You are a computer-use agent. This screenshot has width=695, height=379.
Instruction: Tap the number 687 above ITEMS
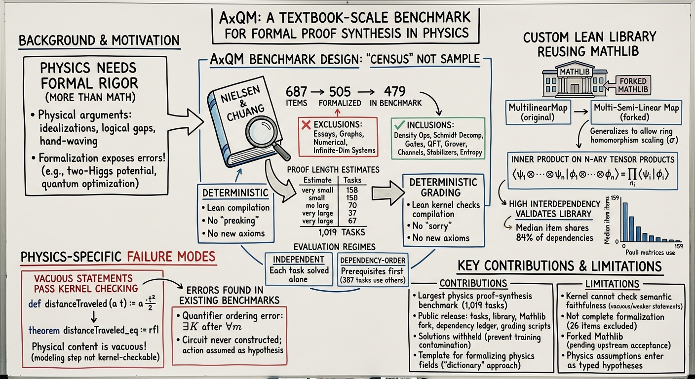[x=296, y=92]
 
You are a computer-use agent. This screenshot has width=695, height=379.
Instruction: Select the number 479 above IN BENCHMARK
[x=395, y=91]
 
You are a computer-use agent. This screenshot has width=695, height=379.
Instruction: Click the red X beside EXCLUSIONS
[x=306, y=125]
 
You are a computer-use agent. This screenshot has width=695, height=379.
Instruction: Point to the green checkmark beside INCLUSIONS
[x=399, y=125]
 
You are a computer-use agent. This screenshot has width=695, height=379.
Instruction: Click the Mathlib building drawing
[x=575, y=80]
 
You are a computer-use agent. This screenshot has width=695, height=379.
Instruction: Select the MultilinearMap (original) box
[x=538, y=113]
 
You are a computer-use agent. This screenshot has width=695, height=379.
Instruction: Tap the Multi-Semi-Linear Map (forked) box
[x=636, y=113]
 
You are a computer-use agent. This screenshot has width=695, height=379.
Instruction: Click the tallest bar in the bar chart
[x=625, y=222]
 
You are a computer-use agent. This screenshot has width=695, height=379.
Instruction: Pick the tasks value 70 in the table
[x=352, y=205]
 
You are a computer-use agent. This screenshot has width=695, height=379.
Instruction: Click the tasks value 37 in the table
[x=352, y=213]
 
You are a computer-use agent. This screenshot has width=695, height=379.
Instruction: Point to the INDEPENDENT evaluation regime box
[x=299, y=269]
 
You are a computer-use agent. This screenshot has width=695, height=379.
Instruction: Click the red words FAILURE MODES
[x=171, y=257]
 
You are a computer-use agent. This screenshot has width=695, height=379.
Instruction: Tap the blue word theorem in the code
[x=44, y=331]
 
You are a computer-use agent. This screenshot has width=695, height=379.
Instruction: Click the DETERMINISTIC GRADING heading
[x=443, y=188]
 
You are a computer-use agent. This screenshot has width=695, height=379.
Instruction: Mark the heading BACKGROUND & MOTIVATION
[x=99, y=40]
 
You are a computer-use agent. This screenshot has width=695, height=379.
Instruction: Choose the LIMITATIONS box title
[x=612, y=284]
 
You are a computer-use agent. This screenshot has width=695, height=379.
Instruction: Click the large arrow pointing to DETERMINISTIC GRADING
[x=388, y=193]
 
